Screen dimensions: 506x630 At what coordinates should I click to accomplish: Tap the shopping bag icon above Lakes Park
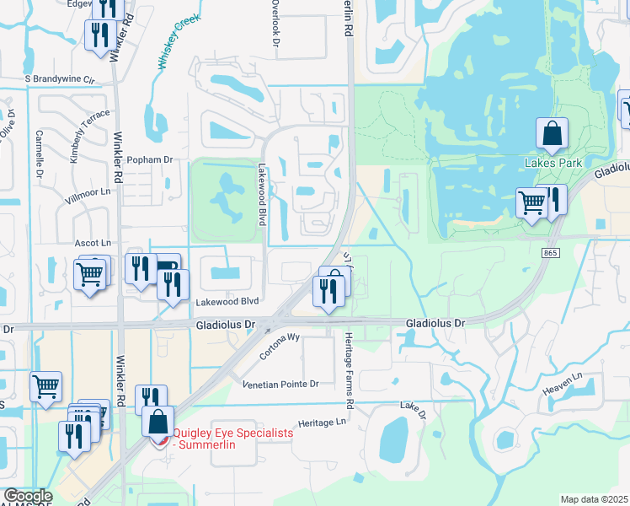pyautogui.click(x=552, y=134)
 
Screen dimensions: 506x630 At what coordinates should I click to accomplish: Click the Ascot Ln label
pyautogui.click(x=93, y=243)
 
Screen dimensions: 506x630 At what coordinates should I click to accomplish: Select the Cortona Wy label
pyautogui.click(x=280, y=346)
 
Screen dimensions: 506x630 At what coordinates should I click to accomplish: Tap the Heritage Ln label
pyautogui.click(x=323, y=422)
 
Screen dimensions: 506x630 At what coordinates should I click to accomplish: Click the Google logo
pyautogui.click(x=28, y=496)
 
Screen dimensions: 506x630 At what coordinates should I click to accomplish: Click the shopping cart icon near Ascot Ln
pyautogui.click(x=90, y=272)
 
